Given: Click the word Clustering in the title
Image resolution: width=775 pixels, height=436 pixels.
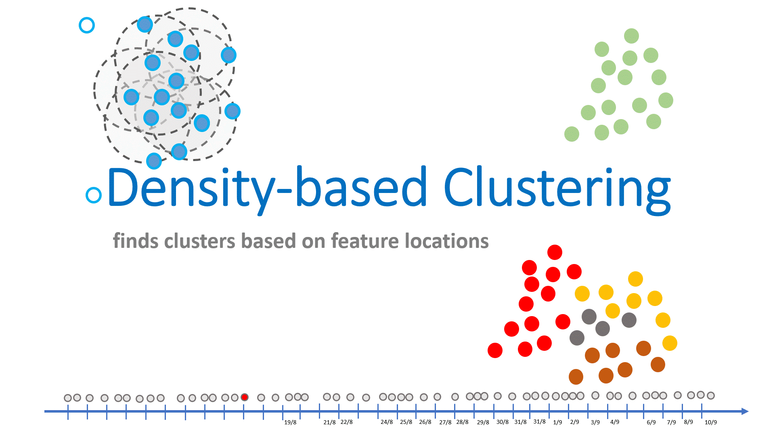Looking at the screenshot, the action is pos(557,188).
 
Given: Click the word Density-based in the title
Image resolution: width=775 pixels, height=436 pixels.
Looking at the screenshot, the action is pos(266,188).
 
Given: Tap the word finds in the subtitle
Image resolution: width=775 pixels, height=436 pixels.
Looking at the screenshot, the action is pos(136,241).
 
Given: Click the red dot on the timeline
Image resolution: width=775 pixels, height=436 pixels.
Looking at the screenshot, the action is pos(244,397).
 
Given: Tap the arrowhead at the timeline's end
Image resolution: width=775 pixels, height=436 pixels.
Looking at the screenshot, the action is pos(745,411).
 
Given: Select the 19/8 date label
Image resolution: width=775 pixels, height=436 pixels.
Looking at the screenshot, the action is pos(290,422).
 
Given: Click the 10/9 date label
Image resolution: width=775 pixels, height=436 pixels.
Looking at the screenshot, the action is pos(711,422).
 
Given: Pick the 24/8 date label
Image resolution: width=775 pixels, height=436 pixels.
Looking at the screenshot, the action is pos(387,422).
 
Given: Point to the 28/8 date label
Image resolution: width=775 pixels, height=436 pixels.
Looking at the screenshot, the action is pos(463,422).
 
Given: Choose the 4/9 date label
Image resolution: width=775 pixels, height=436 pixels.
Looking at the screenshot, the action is pos(615,422).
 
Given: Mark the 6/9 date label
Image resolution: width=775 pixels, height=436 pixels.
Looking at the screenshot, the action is pos(651,422).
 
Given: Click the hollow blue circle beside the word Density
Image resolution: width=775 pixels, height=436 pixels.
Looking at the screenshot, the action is pos(94,195).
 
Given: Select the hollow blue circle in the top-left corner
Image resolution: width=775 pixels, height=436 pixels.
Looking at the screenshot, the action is pos(87,25).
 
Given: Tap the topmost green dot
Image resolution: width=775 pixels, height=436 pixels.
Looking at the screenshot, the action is pos(631,36).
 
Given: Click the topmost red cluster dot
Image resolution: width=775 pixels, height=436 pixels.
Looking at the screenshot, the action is pos(555,252).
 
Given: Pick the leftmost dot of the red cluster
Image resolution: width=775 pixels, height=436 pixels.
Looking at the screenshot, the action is pos(495,350).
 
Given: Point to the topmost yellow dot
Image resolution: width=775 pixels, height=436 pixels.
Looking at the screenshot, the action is pos(635,279).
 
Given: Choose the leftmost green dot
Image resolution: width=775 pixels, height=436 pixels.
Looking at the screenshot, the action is pos(572,134).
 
